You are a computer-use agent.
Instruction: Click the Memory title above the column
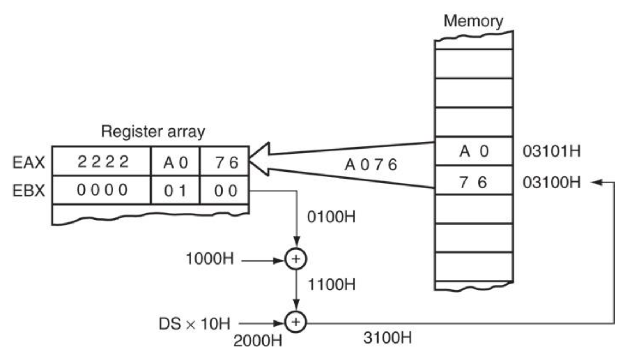[x=473, y=21]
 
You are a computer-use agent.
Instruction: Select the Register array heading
[x=153, y=131]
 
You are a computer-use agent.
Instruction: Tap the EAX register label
[x=29, y=162]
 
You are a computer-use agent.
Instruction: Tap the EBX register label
[x=29, y=191]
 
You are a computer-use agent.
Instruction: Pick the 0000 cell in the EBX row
[x=102, y=190]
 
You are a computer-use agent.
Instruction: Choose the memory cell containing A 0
[x=474, y=151]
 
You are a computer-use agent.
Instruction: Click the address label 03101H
[x=551, y=151]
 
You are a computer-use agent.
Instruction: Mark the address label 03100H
[x=551, y=182]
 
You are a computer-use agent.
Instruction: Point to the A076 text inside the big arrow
[x=370, y=165]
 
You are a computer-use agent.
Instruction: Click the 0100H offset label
[x=331, y=217]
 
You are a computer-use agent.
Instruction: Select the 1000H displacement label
[x=210, y=259]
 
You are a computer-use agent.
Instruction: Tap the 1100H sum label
[x=331, y=285]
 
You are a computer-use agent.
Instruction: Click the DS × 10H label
[x=194, y=324]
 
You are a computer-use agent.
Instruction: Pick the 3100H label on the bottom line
[x=387, y=338]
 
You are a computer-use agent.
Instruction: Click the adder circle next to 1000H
[x=296, y=259]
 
